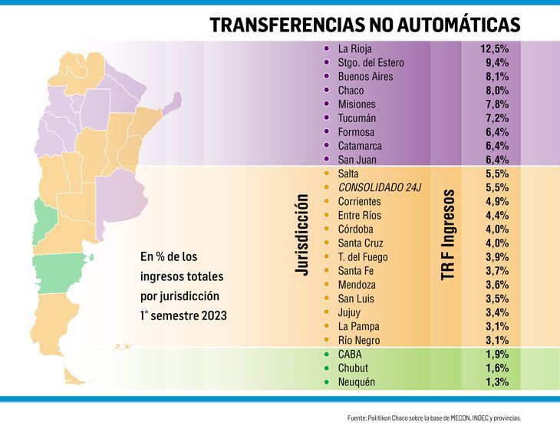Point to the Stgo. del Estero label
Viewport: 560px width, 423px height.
pyautogui.click(x=371, y=63)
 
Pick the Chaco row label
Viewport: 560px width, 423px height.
pyautogui.click(x=351, y=91)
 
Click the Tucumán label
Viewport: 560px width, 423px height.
pyautogui.click(x=357, y=118)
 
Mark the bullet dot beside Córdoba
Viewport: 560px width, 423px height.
pyautogui.click(x=327, y=230)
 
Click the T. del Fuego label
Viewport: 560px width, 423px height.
pyautogui.click(x=363, y=257)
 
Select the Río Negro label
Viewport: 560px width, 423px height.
pyautogui.click(x=358, y=340)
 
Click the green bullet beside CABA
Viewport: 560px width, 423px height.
pyautogui.click(x=327, y=355)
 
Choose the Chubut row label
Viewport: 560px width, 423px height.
pyautogui.click(x=353, y=368)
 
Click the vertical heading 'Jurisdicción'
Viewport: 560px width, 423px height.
pyautogui.click(x=302, y=234)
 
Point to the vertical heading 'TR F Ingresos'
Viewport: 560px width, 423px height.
pyautogui.click(x=449, y=234)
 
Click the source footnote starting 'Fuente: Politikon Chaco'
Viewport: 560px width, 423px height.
pyautogui.click(x=434, y=418)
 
